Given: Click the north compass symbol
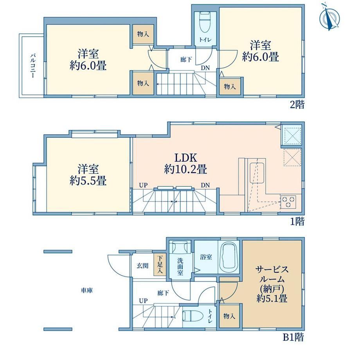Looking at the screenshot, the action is (x=330, y=17).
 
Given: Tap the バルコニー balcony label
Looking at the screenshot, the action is (x=33, y=66).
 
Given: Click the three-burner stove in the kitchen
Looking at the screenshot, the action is (x=288, y=202).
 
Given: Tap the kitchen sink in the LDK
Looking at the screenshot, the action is (x=257, y=173).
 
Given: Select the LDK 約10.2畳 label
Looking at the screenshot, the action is (x=185, y=164).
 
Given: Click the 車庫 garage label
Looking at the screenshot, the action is (x=87, y=290).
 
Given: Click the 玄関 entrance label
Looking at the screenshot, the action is (x=142, y=266).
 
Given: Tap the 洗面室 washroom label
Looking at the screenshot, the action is (x=180, y=266).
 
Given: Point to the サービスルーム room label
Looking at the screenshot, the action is (x=272, y=284).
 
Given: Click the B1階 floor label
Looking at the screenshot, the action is (x=293, y=337).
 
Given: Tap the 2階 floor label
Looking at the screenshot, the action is (x=297, y=105).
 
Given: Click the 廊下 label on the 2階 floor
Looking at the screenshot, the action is (x=186, y=60).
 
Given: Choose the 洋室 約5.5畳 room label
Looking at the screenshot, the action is (x=88, y=175).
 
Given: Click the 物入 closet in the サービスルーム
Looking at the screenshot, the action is (x=229, y=316).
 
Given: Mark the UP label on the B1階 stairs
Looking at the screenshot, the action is (x=143, y=301).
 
